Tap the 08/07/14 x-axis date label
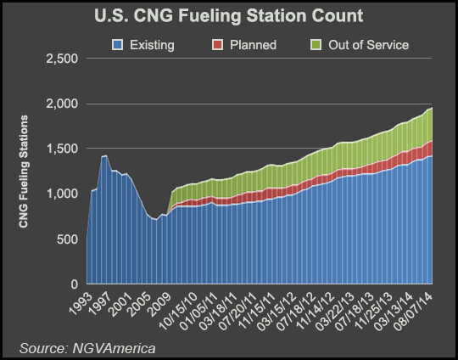(419, 308)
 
